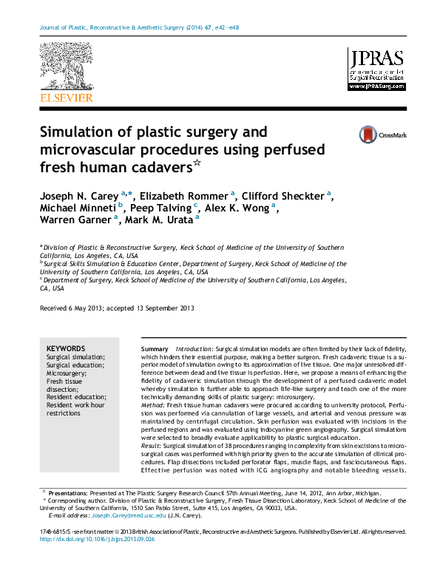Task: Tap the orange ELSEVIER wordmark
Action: pyautogui.click(x=66, y=98)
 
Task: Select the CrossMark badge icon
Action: pyautogui.click(x=368, y=135)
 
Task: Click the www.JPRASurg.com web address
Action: pyautogui.click(x=376, y=86)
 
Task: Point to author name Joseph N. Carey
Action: pyautogui.click(x=79, y=195)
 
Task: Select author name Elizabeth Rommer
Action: pyautogui.click(x=184, y=195)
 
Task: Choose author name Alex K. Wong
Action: pyautogui.click(x=237, y=207)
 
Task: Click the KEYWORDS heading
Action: pyautogui.click(x=66, y=348)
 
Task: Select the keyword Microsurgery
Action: pyautogui.click(x=67, y=373)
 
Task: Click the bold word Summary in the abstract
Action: pyautogui.click(x=155, y=348)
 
